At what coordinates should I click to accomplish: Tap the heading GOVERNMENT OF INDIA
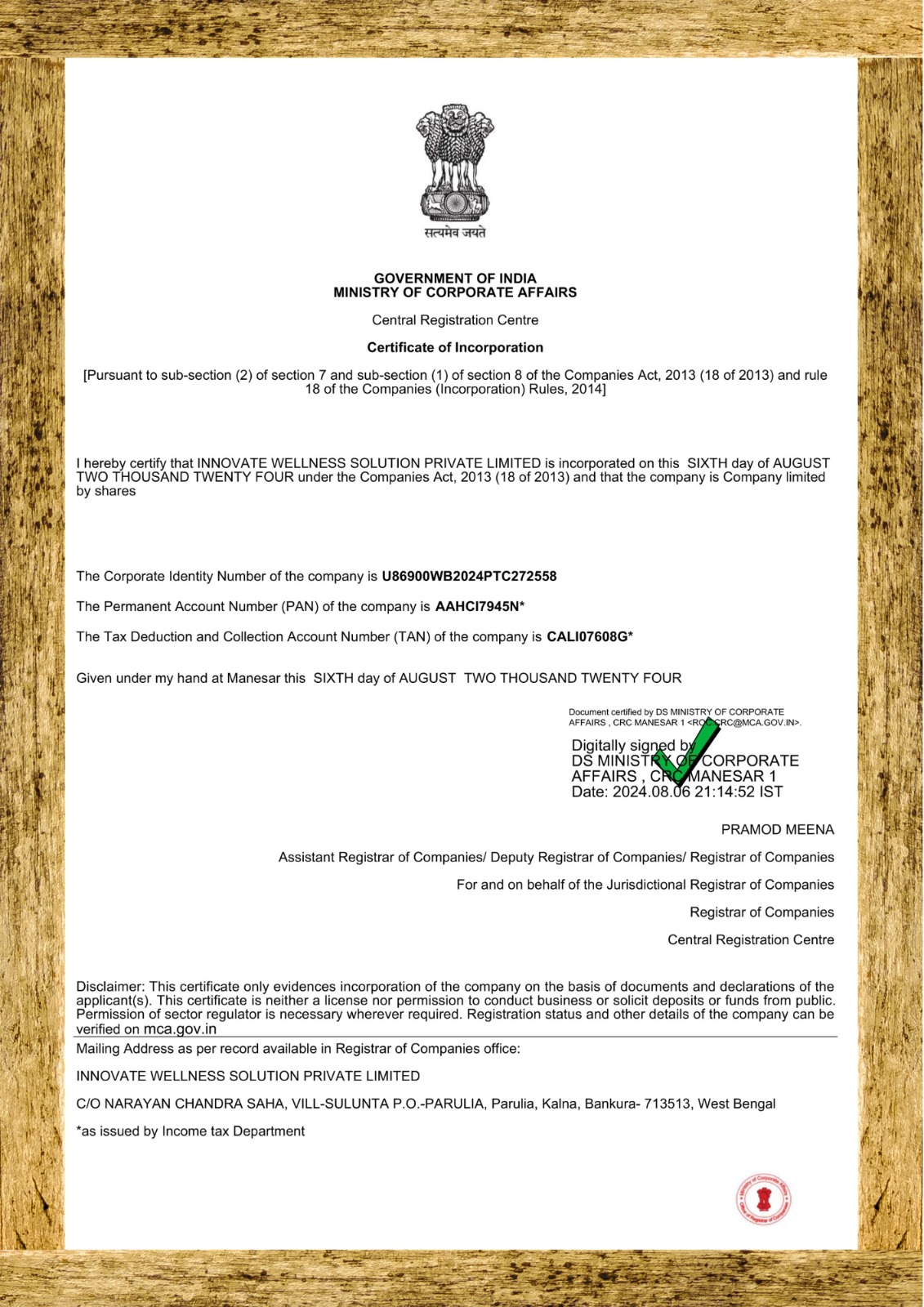click(x=455, y=279)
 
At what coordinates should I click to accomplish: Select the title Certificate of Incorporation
click(x=455, y=347)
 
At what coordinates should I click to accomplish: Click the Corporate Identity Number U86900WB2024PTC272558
click(x=469, y=576)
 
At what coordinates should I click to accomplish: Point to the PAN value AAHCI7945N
click(x=477, y=606)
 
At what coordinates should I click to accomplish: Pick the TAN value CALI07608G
click(x=587, y=636)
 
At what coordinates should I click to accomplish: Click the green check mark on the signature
click(x=687, y=752)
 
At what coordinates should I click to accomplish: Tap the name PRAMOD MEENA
click(x=777, y=830)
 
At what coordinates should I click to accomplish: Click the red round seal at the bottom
click(x=763, y=1199)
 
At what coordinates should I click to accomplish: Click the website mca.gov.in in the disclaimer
click(x=180, y=1029)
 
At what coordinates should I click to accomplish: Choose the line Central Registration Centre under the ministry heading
click(x=455, y=320)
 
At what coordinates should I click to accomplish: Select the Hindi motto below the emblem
click(x=455, y=233)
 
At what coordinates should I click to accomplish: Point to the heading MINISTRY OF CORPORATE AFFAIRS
click(x=455, y=292)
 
